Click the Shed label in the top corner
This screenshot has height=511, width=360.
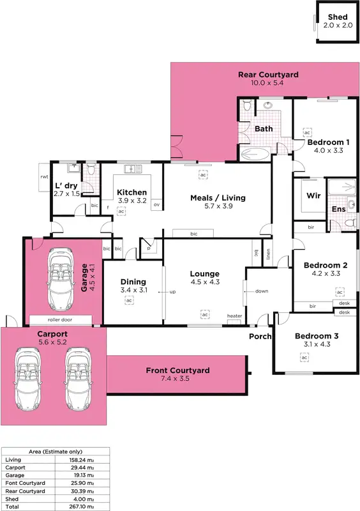point(337,17)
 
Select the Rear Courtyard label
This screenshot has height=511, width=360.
point(268,75)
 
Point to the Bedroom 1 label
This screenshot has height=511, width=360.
point(328,142)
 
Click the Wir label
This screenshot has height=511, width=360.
point(313,195)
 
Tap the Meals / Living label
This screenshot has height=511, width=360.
point(218,197)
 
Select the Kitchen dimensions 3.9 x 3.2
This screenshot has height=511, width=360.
point(132,201)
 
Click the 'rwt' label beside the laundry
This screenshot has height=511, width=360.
point(45,176)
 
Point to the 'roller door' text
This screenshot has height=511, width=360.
point(62,319)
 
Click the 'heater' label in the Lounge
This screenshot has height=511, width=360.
point(235,316)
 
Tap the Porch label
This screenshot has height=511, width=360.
point(260,336)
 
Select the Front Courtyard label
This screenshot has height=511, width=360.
point(177,370)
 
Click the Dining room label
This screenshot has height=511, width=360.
point(133,281)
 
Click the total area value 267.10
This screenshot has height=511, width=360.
point(85,505)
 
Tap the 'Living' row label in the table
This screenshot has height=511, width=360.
point(13,459)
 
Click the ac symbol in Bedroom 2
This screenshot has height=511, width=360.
point(340,292)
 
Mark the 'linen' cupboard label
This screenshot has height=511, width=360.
point(269,254)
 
